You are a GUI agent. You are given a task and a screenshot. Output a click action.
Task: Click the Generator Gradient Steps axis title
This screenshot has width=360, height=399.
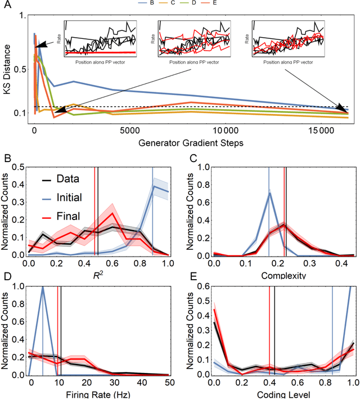(185, 143)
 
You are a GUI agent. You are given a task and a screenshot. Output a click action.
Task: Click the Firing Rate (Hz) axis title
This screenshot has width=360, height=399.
(96, 393)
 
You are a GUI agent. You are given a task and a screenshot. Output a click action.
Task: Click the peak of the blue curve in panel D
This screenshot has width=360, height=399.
(43, 286)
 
